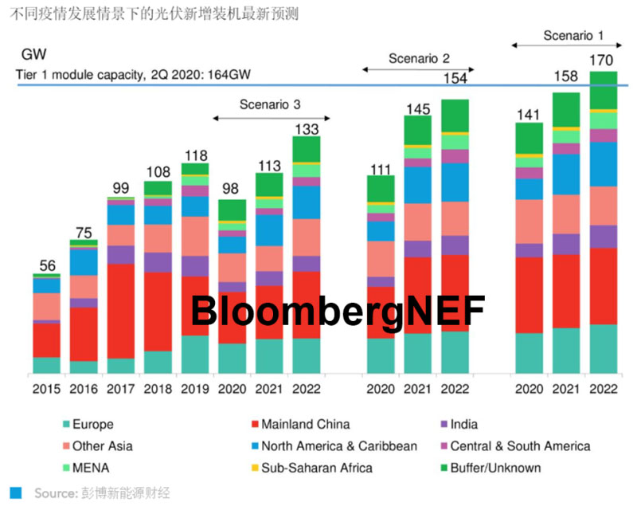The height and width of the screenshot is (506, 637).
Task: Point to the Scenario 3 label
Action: pos(269,104)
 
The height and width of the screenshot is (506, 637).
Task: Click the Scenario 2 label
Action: pos(419,58)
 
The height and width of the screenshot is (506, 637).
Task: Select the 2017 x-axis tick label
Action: pos(121,390)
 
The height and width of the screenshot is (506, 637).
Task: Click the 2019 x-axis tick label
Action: pos(195,390)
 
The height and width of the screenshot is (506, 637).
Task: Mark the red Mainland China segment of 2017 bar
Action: pos(121,311)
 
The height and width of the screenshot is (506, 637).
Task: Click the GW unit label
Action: pos(33,57)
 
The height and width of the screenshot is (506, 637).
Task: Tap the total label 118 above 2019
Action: pos(195,155)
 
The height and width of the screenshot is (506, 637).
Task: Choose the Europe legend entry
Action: pos(92,425)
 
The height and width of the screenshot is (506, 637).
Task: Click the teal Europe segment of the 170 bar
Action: pos(603,348)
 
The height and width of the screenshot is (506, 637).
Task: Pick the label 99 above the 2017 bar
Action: pos(121,188)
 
